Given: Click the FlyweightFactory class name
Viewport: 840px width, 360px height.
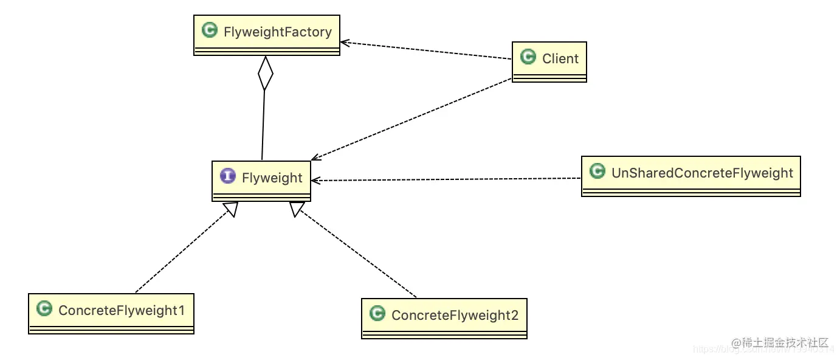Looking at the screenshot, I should pos(277,32).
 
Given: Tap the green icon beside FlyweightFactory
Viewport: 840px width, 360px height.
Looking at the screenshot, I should pos(210,30).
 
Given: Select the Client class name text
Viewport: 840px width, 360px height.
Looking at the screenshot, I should pos(560,58).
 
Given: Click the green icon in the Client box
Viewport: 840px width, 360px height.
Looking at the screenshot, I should pos(528,57).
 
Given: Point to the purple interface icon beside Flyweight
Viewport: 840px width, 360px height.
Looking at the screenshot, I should pos(227,176).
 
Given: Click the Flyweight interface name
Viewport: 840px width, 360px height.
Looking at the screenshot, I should pos(272,178).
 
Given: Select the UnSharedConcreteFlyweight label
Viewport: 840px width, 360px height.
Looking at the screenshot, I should pos(702,173).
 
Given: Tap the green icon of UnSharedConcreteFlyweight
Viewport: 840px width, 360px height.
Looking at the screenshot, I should pos(597,171).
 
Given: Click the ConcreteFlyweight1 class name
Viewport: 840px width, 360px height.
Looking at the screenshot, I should pos(122,310).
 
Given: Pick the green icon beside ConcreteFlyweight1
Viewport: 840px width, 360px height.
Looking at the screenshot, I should pos(44,309).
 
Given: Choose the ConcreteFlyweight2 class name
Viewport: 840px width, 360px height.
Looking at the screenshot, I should pos(455,315).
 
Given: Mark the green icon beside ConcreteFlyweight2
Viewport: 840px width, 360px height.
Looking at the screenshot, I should pos(377,314).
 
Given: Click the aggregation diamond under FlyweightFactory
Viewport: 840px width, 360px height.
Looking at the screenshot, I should pos(265,74).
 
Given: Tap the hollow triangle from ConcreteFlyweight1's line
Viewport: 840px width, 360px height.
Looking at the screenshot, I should pos(230,209).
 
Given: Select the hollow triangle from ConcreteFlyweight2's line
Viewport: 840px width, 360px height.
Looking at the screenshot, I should pos(296,209).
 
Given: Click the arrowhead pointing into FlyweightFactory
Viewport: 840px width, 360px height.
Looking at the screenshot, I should pos(345,43).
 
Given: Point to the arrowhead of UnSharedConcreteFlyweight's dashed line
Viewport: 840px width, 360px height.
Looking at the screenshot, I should pos(315,180).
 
